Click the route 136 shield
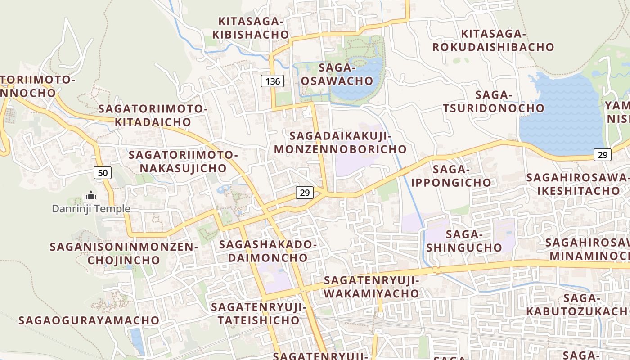273,81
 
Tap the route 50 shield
103,172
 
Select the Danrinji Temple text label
91,209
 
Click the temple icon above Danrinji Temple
91,196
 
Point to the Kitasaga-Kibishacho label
251,28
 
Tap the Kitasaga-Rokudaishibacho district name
493,40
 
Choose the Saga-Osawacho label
337,74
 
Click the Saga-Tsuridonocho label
494,102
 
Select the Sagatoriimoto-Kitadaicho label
153,115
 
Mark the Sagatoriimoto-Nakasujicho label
183,162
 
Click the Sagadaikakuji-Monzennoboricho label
340,142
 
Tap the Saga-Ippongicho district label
451,176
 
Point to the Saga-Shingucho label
464,241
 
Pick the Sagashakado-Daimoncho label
268,251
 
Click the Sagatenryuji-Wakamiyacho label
371,287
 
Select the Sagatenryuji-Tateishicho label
259,314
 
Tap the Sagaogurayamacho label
89,320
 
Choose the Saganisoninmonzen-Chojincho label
124,253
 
